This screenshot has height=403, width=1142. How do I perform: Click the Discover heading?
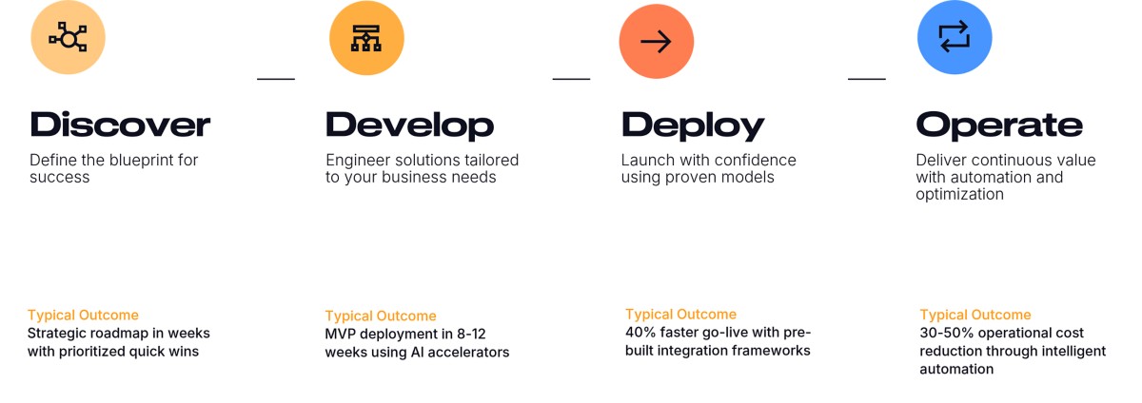point(120,125)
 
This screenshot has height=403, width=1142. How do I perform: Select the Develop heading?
point(409,125)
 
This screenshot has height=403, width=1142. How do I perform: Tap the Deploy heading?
point(693,125)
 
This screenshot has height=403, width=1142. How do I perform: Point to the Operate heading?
point(999,125)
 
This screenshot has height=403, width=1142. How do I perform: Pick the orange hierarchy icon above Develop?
point(366,38)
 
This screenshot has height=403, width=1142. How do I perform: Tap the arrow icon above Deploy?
point(657,42)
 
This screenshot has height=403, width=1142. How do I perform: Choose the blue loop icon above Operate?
point(955,38)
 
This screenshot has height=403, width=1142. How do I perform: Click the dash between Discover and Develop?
point(276,79)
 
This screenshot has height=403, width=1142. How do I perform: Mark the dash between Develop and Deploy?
point(571,79)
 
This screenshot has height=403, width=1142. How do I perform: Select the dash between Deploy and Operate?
point(866,79)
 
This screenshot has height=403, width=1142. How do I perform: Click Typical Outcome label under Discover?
point(83,315)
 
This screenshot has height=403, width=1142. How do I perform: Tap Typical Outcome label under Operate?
point(975,315)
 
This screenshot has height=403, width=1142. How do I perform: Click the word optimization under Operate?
point(959,194)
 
